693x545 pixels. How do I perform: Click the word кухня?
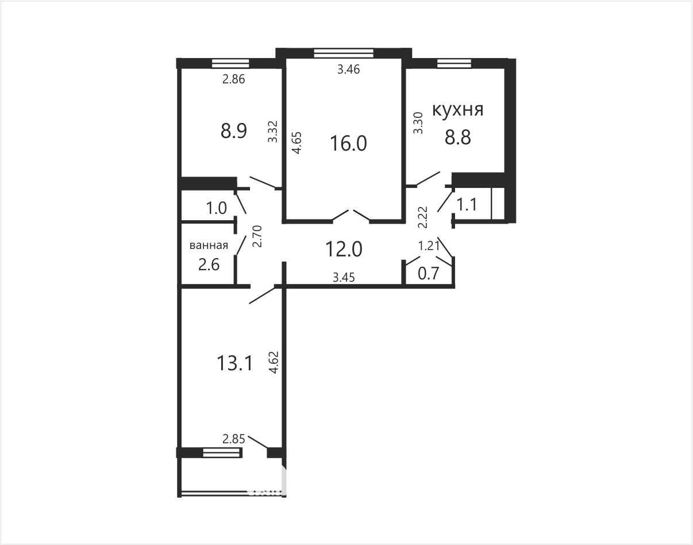(x=457, y=110)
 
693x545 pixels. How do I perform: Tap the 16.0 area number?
(x=348, y=143)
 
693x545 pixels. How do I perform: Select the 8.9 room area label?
(x=234, y=131)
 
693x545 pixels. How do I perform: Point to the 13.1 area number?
(x=234, y=363)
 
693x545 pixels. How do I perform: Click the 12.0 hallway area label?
(x=344, y=249)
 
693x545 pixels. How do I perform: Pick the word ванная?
(x=209, y=245)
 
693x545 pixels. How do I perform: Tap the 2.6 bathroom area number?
(x=209, y=264)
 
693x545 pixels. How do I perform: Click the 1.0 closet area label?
(x=217, y=208)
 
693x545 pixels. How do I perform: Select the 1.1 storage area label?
(x=467, y=204)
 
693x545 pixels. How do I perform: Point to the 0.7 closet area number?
(x=428, y=274)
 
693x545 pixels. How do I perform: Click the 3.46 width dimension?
(x=349, y=69)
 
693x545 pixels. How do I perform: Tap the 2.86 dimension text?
(x=234, y=79)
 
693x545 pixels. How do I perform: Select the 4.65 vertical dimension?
(x=297, y=143)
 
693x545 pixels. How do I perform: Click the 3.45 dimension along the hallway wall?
(x=344, y=278)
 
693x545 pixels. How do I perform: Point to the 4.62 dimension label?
(x=274, y=363)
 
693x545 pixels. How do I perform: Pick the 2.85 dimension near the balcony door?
(x=234, y=439)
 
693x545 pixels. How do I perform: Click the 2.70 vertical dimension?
(x=257, y=236)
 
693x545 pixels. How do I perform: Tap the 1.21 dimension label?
(x=429, y=245)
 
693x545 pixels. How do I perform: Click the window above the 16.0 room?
(x=344, y=53)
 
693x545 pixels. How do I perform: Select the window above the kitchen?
(x=454, y=63)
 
